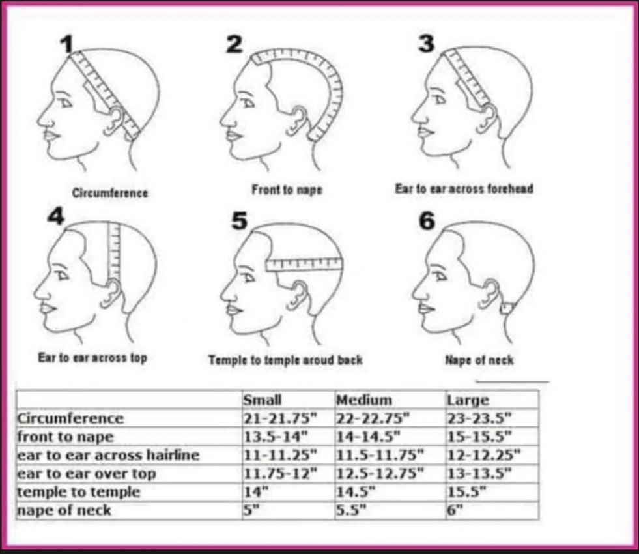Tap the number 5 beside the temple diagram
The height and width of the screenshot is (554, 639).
[240, 220]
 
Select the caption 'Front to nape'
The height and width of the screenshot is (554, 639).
[287, 190]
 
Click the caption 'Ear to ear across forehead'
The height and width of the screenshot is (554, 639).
[464, 188]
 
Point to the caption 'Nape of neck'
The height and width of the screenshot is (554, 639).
[479, 360]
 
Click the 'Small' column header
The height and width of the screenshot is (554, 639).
[263, 400]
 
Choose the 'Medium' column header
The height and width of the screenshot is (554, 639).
[364, 400]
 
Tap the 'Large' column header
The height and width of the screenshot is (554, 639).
[468, 400]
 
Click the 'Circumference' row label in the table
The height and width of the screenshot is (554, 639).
[70, 418]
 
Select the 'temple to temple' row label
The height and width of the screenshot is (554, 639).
[79, 492]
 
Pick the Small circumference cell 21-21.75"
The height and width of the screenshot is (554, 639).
[280, 418]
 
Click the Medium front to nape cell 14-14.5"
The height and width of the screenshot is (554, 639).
[369, 437]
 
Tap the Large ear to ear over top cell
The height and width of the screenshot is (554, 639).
[479, 474]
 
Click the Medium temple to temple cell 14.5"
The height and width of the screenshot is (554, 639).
[355, 492]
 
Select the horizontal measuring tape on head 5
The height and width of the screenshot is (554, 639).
[304, 265]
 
